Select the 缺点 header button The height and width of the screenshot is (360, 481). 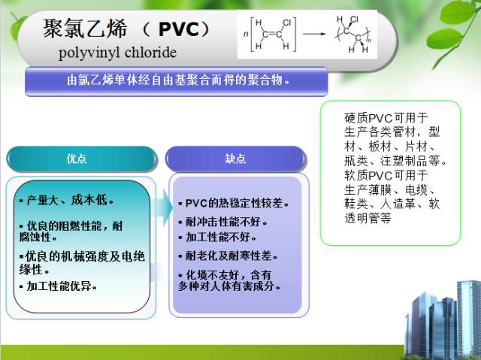pyautogui.click(x=235, y=159)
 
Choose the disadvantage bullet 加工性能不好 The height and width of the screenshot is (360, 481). pyautogui.click(x=218, y=237)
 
